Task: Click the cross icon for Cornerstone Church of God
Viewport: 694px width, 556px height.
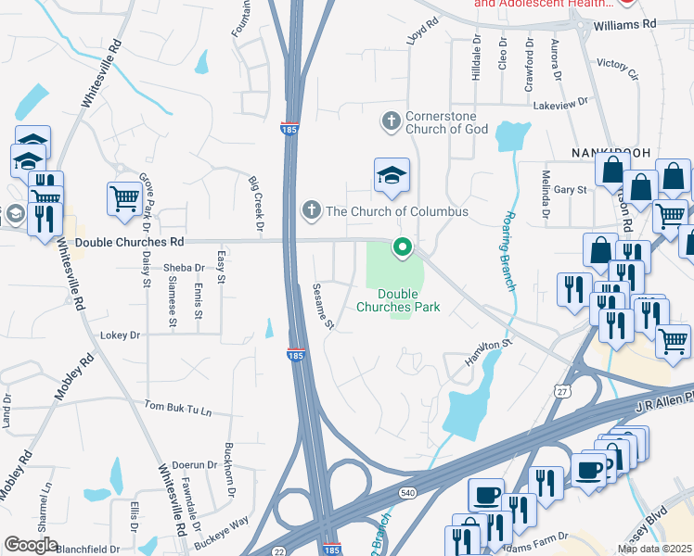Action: coord(391,120)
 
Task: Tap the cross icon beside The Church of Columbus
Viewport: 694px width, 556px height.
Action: coord(312,211)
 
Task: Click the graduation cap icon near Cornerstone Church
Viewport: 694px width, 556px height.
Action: coord(392,174)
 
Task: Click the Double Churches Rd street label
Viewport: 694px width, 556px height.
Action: coord(130,242)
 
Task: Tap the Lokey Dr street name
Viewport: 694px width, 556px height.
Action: coord(120,335)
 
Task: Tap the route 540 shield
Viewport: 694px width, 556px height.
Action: coord(407,491)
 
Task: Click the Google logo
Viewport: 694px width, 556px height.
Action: coord(31,544)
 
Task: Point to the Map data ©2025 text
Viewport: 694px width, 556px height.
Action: coord(655,549)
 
